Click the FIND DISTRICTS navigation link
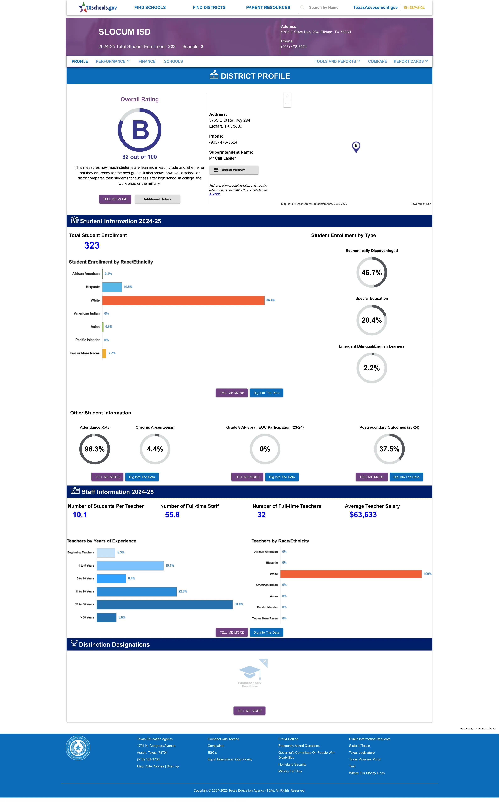(x=209, y=8)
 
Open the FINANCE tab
(x=147, y=61)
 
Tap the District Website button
(x=234, y=170)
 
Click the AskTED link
(x=215, y=194)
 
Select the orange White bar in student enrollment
(x=183, y=300)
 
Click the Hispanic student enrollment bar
(x=112, y=287)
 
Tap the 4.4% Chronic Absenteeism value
(x=155, y=449)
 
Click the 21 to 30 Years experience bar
(x=165, y=604)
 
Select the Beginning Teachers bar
(x=106, y=553)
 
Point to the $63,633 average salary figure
(x=363, y=515)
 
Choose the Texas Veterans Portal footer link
(x=365, y=759)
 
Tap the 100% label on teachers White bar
(x=427, y=574)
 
